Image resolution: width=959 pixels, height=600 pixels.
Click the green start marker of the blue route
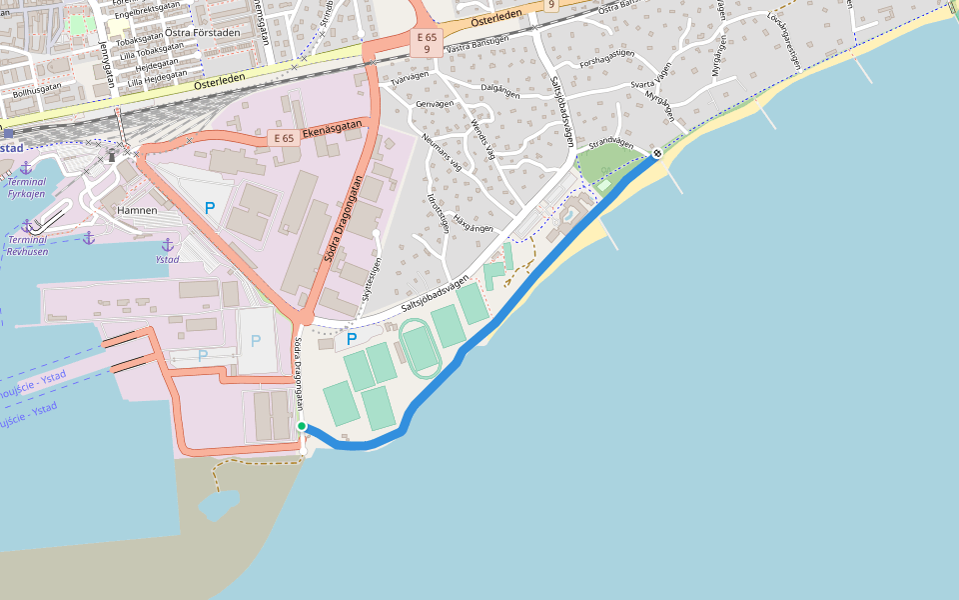coord(302,426)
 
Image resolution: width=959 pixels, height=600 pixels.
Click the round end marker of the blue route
coord(656,153)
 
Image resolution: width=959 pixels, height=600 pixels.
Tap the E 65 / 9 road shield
coord(427,43)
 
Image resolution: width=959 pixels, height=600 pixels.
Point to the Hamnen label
coord(137,210)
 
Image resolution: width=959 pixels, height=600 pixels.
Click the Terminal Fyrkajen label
coord(26,187)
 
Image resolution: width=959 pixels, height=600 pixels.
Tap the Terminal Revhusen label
coord(27,246)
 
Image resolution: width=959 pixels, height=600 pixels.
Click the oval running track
coord(420,348)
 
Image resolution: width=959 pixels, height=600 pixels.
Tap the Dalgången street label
coord(500,88)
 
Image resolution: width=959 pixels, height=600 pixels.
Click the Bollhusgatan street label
coord(37,90)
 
